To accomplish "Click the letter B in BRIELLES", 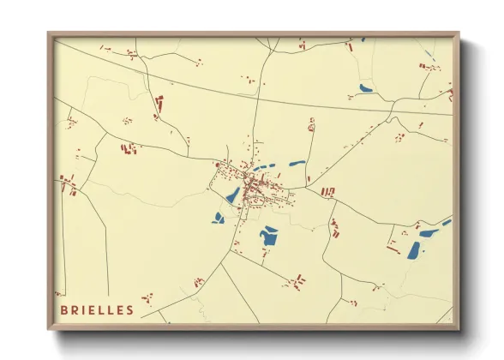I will tap(64, 309).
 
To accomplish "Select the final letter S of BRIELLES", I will tap(129, 309).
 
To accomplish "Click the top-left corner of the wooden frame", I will tap(49, 33).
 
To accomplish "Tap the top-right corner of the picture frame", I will tap(459, 33).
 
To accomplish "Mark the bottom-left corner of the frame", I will tap(49, 329).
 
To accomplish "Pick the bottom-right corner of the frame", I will tap(459, 329).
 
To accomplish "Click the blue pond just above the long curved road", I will tap(366, 88).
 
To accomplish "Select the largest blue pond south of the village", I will tap(270, 237).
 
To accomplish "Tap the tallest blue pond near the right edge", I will tap(415, 249).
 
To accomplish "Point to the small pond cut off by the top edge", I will tap(363, 39).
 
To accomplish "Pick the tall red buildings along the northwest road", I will tap(159, 105).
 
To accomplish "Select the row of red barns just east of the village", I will tap(327, 191).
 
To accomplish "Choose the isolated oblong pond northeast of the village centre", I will tap(297, 163).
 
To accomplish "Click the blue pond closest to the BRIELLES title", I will tap(219, 219).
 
